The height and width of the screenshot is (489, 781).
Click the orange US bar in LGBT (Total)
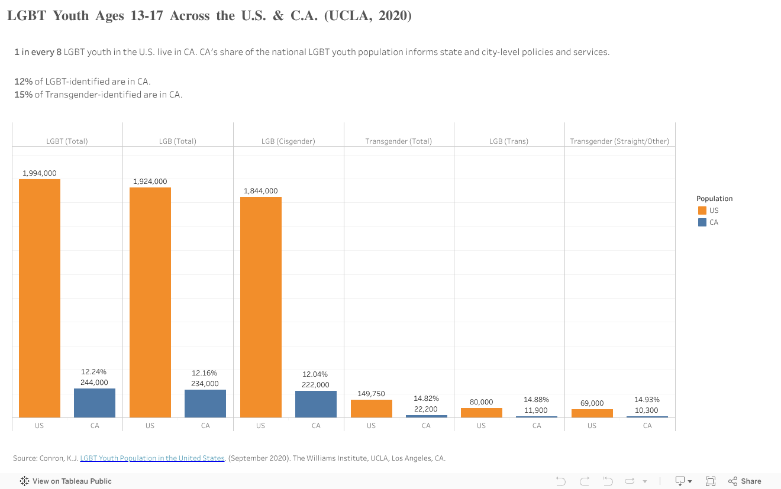(40, 298)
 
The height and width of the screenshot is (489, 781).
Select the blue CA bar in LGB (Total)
(205, 403)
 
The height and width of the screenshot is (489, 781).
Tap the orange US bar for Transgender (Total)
(371, 409)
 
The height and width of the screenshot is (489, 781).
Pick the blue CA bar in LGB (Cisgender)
(316, 404)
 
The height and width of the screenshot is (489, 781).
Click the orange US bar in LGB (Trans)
(482, 413)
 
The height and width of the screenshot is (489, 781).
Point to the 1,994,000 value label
(40, 173)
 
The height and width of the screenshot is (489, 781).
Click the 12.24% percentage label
(94, 372)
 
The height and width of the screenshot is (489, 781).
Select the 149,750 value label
(371, 394)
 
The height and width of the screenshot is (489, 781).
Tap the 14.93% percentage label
(647, 400)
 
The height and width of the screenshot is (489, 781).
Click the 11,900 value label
(536, 410)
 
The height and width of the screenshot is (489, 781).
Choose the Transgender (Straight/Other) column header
(619, 141)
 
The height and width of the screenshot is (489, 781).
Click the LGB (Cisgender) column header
(288, 141)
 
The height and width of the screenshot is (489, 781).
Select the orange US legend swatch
(702, 211)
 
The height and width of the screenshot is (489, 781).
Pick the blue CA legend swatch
(702, 222)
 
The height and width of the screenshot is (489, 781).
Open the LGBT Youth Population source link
(152, 458)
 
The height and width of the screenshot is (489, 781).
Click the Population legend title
(714, 199)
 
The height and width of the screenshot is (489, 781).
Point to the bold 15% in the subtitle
(23, 95)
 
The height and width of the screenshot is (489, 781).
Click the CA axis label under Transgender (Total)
(426, 426)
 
